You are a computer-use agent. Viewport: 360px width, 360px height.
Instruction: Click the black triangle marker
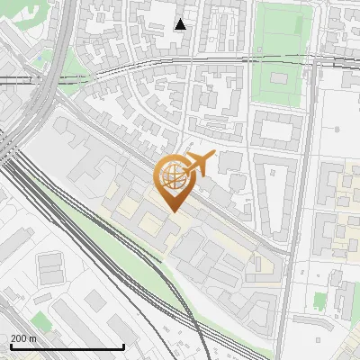[181, 24]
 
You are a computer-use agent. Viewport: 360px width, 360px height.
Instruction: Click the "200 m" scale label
[23, 338]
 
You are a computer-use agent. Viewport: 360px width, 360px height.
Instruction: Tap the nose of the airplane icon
[212, 156]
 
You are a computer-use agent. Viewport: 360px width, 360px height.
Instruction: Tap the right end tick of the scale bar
[123, 345]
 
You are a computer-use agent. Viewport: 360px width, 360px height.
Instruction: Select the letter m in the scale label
[32, 338]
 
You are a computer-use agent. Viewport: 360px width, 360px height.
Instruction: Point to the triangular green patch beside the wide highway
[40, 58]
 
